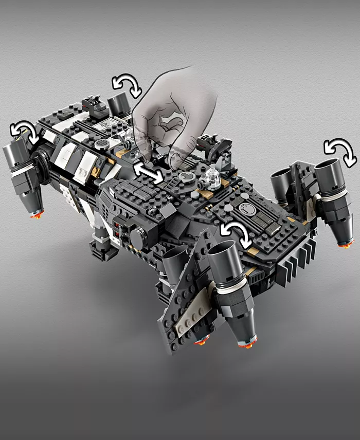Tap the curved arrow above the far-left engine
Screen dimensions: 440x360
25,132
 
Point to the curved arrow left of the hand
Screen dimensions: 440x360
128,85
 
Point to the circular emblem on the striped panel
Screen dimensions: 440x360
246,209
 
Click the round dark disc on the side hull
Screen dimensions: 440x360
138,236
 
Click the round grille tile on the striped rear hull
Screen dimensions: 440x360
101,142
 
